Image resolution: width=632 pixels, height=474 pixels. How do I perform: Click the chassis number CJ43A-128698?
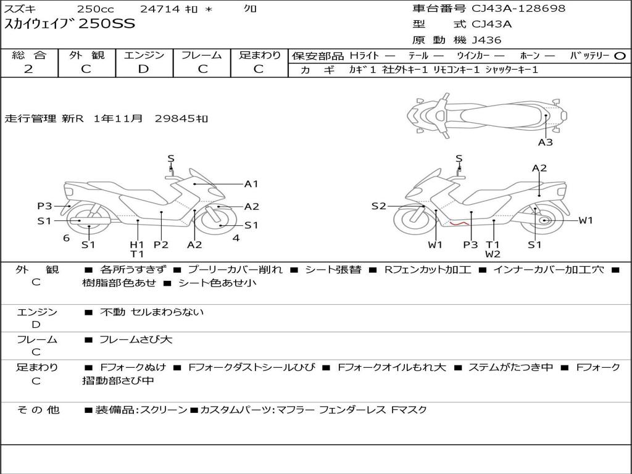[x=518, y=9]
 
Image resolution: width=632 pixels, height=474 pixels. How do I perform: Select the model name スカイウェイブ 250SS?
[x=70, y=24]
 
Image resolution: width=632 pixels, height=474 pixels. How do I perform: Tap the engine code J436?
[x=486, y=40]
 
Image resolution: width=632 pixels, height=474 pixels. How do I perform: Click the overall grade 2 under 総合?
[x=28, y=69]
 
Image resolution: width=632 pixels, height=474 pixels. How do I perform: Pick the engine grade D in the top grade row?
[x=143, y=69]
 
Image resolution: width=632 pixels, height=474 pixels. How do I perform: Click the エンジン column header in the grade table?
[x=144, y=55]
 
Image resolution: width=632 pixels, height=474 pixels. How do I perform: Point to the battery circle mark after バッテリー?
[x=620, y=56]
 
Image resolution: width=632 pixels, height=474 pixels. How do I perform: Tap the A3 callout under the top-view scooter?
[x=546, y=143]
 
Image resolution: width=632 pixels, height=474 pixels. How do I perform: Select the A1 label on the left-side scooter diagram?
[x=251, y=184]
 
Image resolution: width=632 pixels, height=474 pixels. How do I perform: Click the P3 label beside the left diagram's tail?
[x=44, y=206]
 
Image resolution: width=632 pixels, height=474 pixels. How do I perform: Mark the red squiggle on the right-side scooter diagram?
[x=459, y=223]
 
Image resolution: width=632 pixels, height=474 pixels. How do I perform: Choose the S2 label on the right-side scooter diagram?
[x=378, y=206]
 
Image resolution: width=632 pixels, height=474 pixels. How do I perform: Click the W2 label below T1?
[x=493, y=254]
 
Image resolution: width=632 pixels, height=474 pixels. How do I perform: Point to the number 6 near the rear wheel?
[x=67, y=238]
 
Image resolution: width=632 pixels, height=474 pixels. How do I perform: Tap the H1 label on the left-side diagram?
[x=136, y=244]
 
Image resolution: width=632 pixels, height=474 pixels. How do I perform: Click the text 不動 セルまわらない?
[x=152, y=312]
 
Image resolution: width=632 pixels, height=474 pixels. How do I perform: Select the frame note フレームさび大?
[x=136, y=340]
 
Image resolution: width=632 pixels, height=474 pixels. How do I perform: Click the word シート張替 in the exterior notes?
[x=333, y=270]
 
